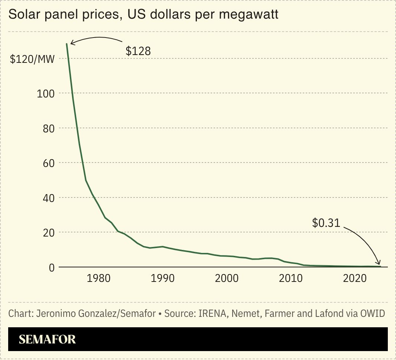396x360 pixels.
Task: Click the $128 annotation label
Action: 138,51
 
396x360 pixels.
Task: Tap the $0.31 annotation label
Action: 326,223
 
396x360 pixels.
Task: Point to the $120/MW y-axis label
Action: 32,59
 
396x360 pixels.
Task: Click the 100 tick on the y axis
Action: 46,93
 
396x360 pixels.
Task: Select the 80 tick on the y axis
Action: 49,128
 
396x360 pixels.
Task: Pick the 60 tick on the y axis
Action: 49,163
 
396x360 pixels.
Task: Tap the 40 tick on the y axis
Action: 49,197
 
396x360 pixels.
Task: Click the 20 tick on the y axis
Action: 49,232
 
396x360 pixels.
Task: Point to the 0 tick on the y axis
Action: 52,267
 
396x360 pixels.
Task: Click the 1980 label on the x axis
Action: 98,279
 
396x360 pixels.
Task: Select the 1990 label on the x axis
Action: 163,279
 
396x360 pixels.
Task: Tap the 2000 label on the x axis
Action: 227,279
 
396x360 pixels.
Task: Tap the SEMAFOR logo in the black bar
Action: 47,339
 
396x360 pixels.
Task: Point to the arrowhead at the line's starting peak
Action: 72,44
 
